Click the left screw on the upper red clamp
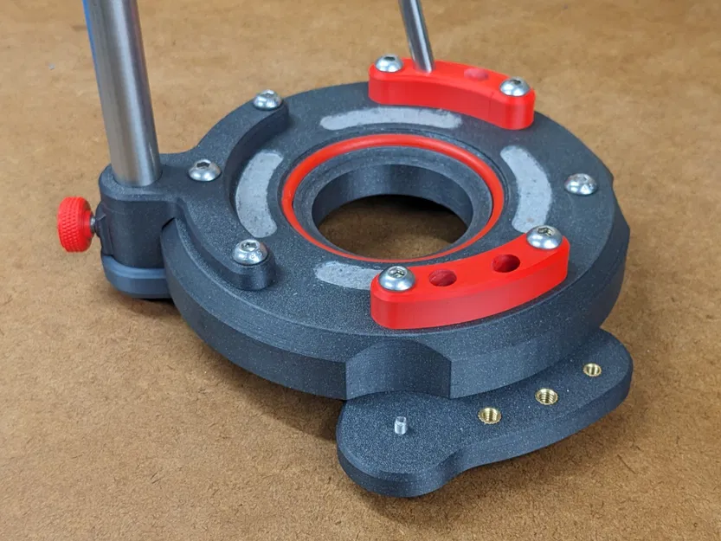click(389, 64)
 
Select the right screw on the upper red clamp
click(514, 87)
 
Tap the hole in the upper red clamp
click(475, 74)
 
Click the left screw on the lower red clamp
click(396, 277)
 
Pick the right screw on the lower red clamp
click(544, 237)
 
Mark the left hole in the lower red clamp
click(442, 278)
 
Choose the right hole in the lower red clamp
click(506, 262)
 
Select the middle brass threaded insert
click(546, 396)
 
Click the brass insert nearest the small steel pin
click(490, 415)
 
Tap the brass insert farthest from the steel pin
click(592, 370)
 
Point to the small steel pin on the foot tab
click(400, 425)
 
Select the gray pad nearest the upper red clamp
click(389, 118)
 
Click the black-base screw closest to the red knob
click(204, 170)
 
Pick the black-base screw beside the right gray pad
click(580, 184)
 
